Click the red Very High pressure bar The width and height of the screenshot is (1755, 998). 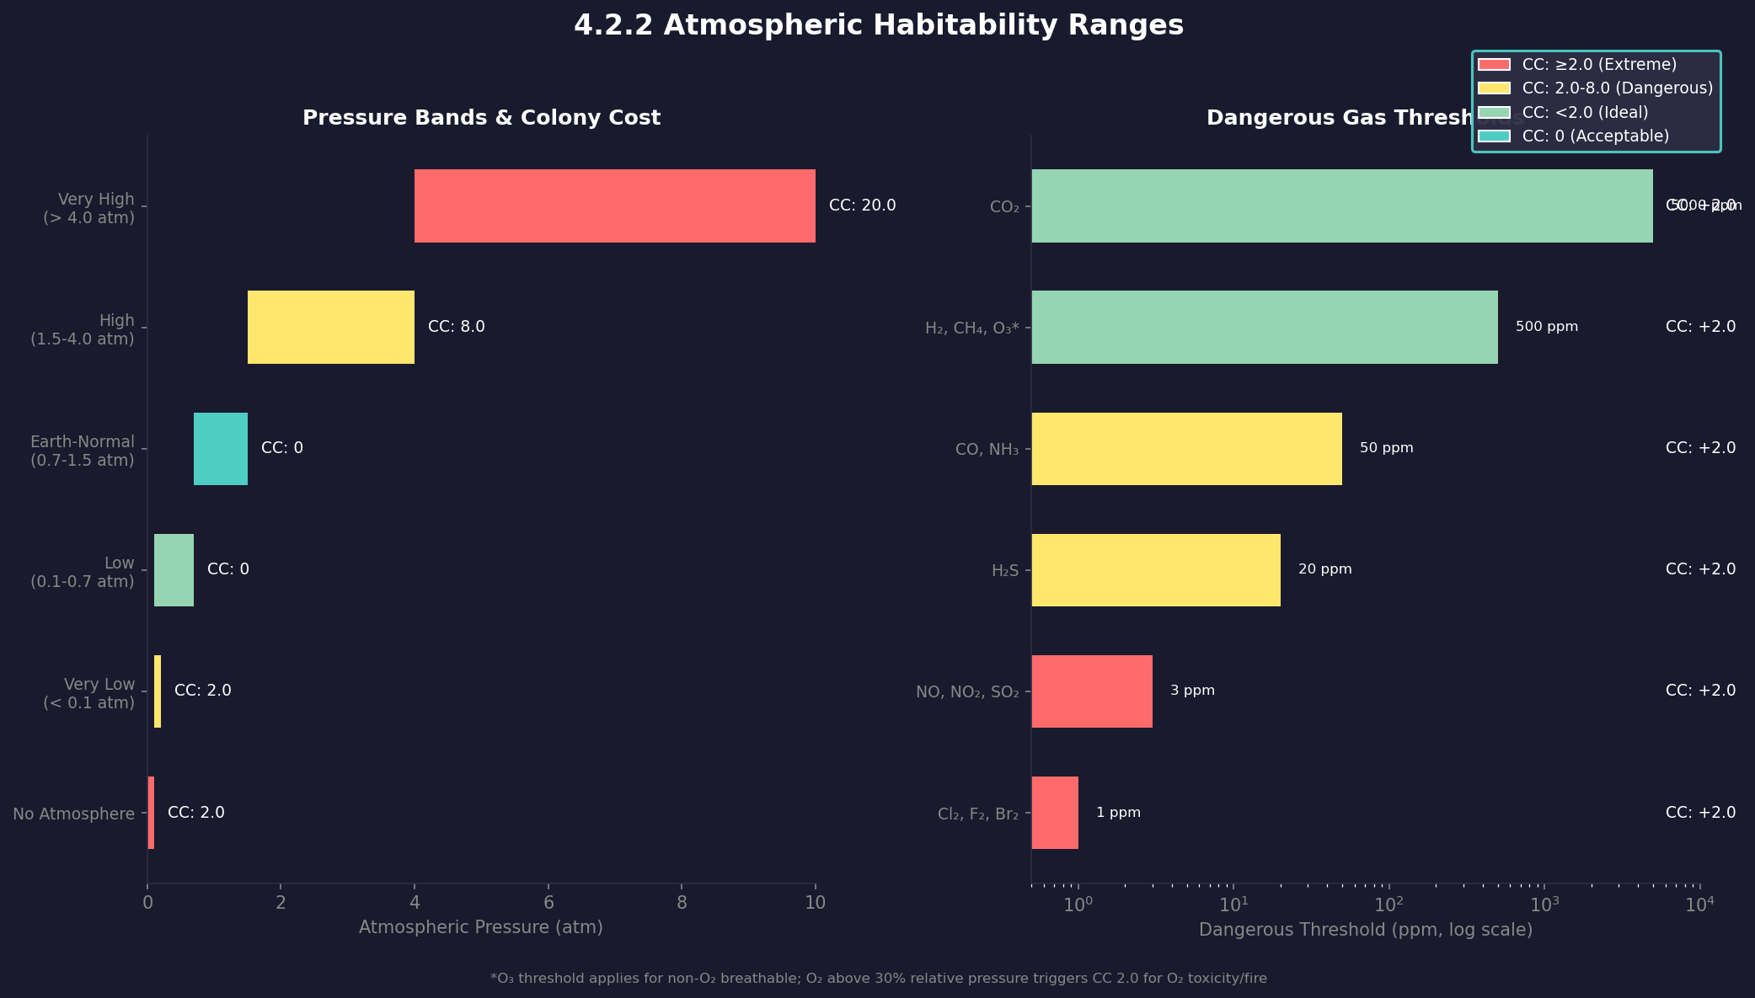click(614, 205)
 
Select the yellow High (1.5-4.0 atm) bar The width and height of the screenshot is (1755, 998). click(330, 327)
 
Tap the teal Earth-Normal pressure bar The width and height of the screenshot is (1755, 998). click(220, 448)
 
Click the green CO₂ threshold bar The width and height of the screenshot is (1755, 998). click(1341, 205)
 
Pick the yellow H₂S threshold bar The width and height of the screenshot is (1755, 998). click(1155, 569)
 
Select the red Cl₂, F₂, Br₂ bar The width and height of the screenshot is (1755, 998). click(1054, 812)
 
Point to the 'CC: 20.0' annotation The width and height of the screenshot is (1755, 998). click(862, 205)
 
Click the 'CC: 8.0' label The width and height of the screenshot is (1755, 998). click(456, 327)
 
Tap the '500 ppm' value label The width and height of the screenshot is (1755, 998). click(1546, 327)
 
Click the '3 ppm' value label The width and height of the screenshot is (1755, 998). click(1191, 691)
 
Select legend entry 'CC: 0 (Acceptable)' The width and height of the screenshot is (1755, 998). click(1595, 136)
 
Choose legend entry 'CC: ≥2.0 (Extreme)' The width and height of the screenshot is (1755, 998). click(1598, 65)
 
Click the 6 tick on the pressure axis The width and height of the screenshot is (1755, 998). click(548, 903)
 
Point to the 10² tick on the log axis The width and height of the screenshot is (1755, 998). click(1388, 905)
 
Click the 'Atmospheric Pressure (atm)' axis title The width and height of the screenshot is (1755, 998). click(480, 927)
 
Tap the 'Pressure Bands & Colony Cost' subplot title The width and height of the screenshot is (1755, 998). click(481, 118)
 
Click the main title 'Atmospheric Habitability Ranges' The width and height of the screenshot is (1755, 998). click(878, 25)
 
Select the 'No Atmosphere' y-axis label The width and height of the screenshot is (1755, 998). click(73, 814)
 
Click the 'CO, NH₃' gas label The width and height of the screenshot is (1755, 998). click(986, 450)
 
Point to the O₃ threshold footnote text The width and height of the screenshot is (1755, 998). click(878, 979)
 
